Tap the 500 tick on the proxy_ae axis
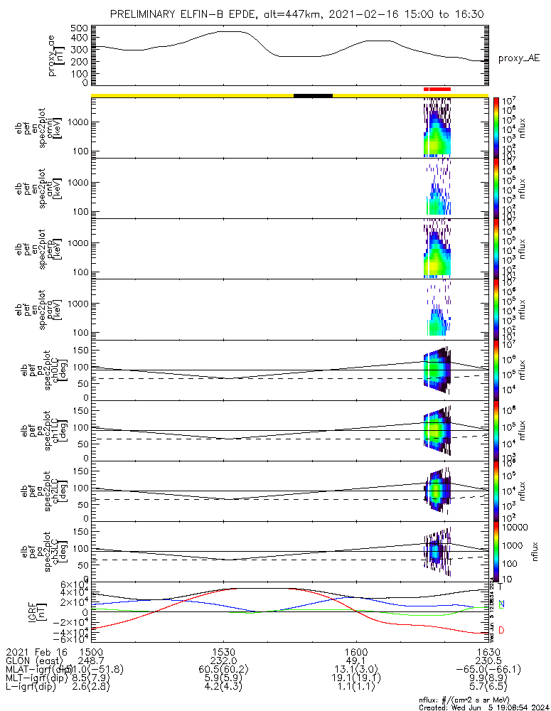(79, 28)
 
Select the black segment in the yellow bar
(313, 95)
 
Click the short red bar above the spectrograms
(437, 89)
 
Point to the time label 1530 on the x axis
(224, 651)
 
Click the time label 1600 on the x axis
(356, 651)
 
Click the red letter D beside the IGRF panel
(501, 631)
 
